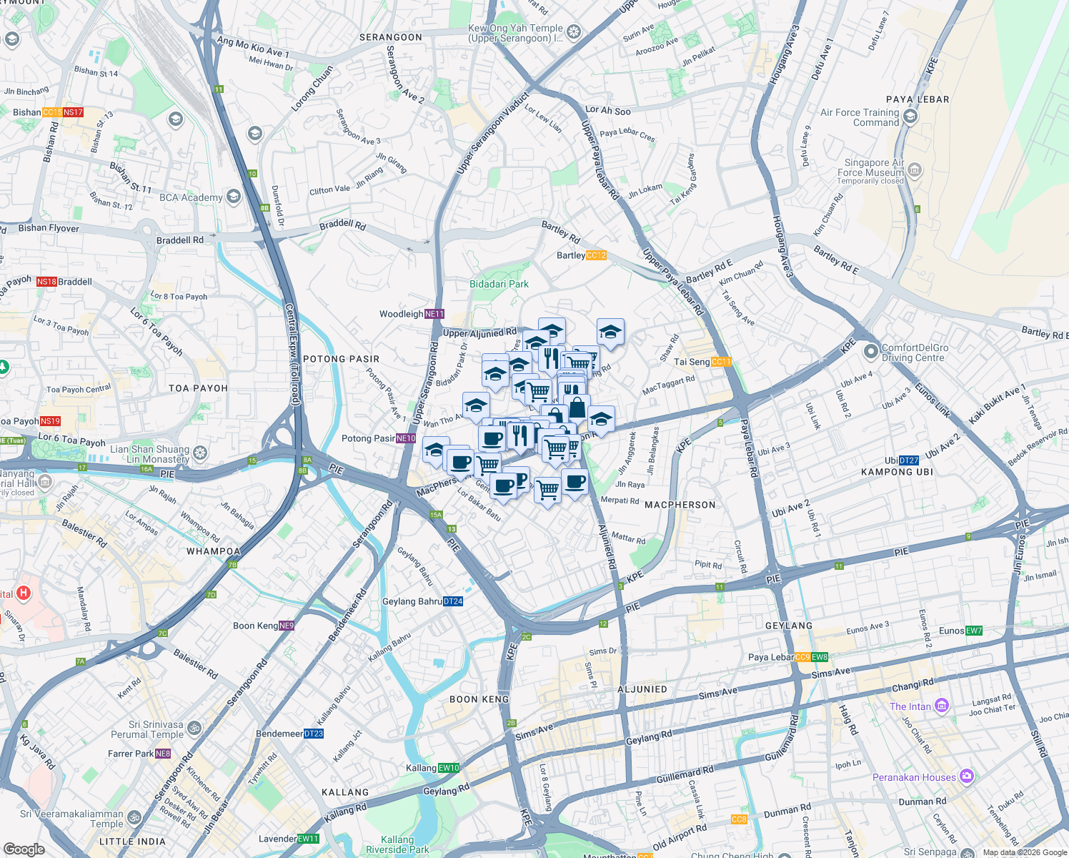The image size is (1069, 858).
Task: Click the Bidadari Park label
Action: click(x=499, y=284)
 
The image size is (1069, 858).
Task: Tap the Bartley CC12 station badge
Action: click(x=596, y=255)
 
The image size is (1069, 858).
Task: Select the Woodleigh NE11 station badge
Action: click(x=434, y=314)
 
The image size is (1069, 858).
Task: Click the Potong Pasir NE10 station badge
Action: click(x=406, y=438)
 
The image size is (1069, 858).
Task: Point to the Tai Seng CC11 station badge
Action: click(x=721, y=362)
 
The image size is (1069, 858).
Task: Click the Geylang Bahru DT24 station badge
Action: click(x=453, y=601)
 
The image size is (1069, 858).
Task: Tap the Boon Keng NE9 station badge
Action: click(x=287, y=626)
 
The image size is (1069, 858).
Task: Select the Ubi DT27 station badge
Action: click(x=909, y=460)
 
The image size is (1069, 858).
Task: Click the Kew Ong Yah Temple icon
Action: click(x=574, y=32)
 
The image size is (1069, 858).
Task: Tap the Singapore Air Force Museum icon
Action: click(x=915, y=170)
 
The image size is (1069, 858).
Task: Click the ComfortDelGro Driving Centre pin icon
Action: click(x=870, y=352)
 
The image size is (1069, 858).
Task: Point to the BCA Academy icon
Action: click(x=233, y=197)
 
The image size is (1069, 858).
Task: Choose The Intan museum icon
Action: click(x=942, y=706)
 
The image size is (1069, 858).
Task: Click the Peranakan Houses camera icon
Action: click(x=967, y=776)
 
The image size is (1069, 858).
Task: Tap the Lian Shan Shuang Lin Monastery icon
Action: click(x=201, y=453)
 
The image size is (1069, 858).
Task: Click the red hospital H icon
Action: click(x=24, y=593)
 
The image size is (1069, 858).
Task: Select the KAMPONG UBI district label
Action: click(x=897, y=472)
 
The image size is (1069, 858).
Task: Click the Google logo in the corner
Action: click(x=24, y=849)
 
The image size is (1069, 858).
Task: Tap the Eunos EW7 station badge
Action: click(x=974, y=631)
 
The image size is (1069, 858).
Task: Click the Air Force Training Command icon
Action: click(x=910, y=117)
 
